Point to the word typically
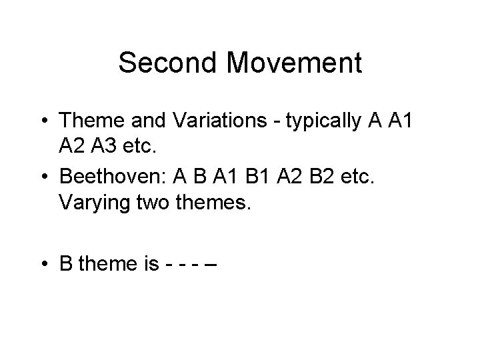(319, 121)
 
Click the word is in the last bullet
(150, 264)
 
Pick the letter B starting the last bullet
(66, 264)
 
